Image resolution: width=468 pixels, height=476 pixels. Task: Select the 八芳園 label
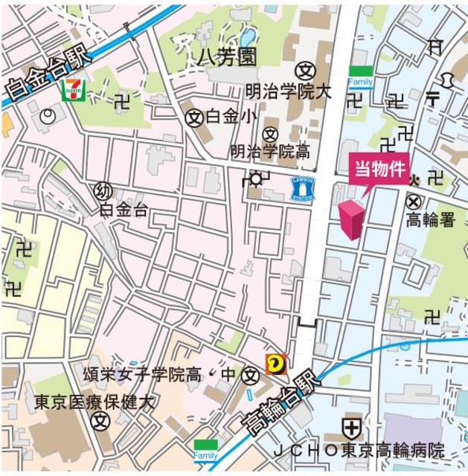coord(226,57)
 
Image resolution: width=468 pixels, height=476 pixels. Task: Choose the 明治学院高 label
coord(270,152)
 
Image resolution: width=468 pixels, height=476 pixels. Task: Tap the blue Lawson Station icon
coord(303,189)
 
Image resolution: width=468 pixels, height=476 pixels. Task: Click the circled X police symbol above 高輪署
coord(414,201)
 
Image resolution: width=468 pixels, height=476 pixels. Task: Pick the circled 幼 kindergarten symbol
coord(103,191)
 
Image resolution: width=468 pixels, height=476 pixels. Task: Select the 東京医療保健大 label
coord(94,402)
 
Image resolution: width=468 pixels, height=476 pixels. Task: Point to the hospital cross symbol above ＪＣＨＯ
coord(351,427)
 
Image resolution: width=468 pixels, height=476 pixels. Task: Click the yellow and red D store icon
coord(274,364)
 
